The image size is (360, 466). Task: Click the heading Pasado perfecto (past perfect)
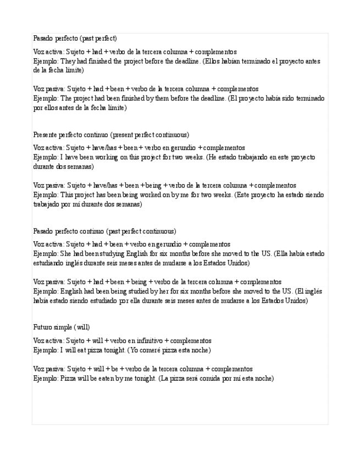click(x=75, y=38)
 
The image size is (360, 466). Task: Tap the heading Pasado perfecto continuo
click(x=104, y=231)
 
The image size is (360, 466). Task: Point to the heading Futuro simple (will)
click(x=61, y=328)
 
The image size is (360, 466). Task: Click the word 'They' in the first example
click(x=68, y=62)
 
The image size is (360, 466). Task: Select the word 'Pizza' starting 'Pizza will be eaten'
click(x=68, y=379)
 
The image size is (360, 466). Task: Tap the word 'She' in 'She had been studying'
click(x=67, y=254)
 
